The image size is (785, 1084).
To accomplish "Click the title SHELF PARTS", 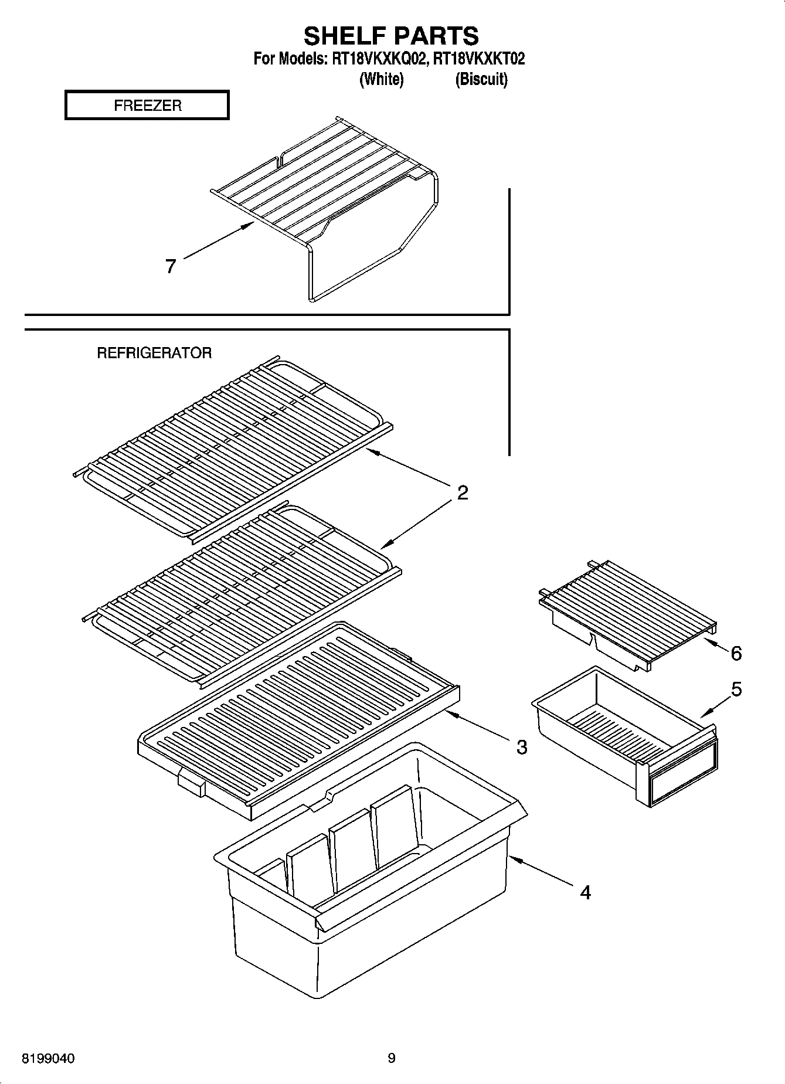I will coord(391,36).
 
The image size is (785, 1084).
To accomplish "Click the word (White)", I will coord(381,79).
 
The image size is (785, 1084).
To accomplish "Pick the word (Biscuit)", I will coord(481,79).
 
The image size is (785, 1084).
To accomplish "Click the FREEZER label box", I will coord(147,106).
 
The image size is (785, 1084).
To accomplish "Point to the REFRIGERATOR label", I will coord(154,353).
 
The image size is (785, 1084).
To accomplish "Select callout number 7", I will coord(171,267).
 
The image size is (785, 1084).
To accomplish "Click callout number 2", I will coord(463,493).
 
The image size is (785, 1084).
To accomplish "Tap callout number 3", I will coord(521,747).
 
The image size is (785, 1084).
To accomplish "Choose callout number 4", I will coord(585,893).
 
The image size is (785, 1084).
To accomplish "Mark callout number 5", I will coord(736,689).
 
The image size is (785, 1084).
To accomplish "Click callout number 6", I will coord(736,653).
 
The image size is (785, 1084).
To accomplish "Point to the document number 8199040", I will coord(48,1059).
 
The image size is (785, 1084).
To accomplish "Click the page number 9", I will coord(392,1058).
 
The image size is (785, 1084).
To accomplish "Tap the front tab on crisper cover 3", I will coord(191,784).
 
